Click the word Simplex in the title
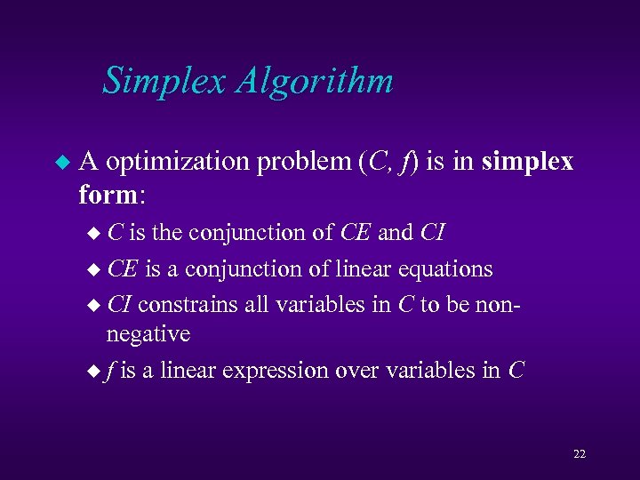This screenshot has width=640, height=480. click(165, 81)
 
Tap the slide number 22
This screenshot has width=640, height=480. click(579, 454)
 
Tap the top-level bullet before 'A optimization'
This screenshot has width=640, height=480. click(60, 163)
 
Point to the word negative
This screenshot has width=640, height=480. click(148, 333)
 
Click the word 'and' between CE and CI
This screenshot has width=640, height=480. click(395, 233)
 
